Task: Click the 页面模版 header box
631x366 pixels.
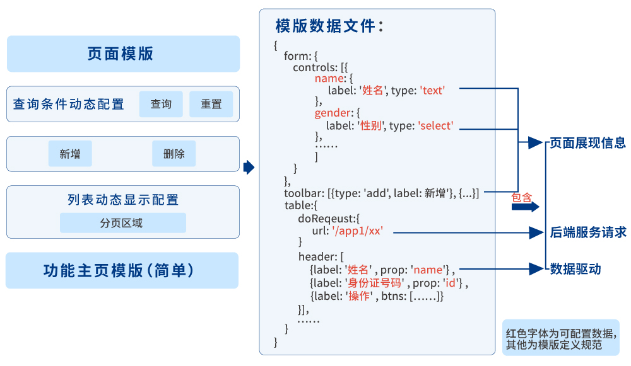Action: tap(123, 54)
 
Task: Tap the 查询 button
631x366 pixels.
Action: tap(161, 104)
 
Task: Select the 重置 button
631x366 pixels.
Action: tap(211, 104)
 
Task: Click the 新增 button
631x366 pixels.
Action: tap(70, 154)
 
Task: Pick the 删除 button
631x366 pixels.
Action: tap(174, 154)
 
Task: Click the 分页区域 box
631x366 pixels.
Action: tap(122, 223)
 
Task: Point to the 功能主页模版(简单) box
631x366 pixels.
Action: tap(122, 270)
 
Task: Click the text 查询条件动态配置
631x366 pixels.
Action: tap(68, 104)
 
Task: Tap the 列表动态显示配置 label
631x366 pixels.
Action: tap(123, 200)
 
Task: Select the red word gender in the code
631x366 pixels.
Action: tap(332, 113)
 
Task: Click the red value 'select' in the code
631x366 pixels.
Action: tap(435, 126)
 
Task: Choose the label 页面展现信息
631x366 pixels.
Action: tap(587, 143)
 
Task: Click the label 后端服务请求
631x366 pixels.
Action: tap(587, 232)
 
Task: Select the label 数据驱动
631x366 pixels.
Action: tap(575, 269)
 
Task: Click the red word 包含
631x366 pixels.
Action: tap(521, 197)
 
